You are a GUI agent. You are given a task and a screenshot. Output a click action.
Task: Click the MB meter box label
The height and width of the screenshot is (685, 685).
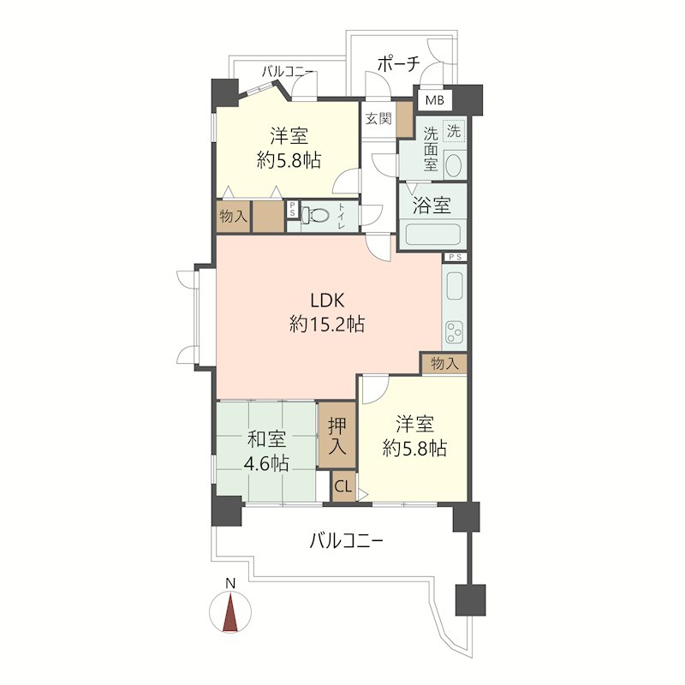(435, 100)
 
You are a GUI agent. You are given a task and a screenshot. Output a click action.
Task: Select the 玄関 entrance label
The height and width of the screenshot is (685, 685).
(378, 118)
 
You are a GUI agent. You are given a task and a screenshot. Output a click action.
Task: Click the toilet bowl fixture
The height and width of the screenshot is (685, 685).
(315, 216)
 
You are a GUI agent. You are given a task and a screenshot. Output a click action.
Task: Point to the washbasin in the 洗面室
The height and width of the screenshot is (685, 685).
(455, 165)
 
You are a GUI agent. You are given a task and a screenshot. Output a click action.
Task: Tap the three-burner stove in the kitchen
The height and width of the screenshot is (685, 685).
(455, 333)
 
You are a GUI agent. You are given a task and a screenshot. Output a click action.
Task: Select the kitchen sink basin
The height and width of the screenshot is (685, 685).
(455, 286)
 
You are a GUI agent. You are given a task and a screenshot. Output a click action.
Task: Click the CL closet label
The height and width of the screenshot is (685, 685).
(343, 486)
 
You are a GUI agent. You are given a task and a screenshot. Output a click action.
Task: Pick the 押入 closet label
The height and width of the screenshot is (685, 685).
(337, 436)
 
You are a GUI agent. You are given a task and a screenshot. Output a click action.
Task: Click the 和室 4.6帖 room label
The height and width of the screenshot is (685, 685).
(266, 451)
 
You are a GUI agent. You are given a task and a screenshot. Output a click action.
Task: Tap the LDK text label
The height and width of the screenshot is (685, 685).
(328, 301)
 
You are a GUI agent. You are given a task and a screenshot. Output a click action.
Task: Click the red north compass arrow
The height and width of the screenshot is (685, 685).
(230, 611)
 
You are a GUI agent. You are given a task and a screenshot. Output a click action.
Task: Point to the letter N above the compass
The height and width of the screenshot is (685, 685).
(230, 583)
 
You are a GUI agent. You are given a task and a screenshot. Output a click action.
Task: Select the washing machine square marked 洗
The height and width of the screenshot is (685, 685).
(454, 131)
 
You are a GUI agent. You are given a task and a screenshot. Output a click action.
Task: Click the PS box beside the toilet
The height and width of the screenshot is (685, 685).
(292, 209)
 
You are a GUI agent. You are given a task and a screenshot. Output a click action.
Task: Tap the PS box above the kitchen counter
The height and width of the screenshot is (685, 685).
(456, 258)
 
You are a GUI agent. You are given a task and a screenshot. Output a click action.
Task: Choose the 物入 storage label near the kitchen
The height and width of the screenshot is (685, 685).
(444, 363)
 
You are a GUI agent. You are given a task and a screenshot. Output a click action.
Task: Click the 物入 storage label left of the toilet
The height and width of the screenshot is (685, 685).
(233, 216)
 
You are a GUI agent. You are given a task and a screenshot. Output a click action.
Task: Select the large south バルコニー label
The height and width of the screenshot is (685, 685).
(347, 542)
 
